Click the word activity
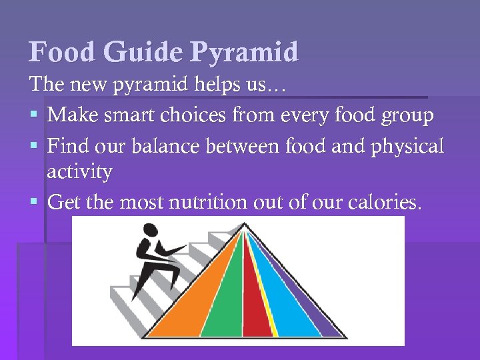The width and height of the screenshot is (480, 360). [79, 173]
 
